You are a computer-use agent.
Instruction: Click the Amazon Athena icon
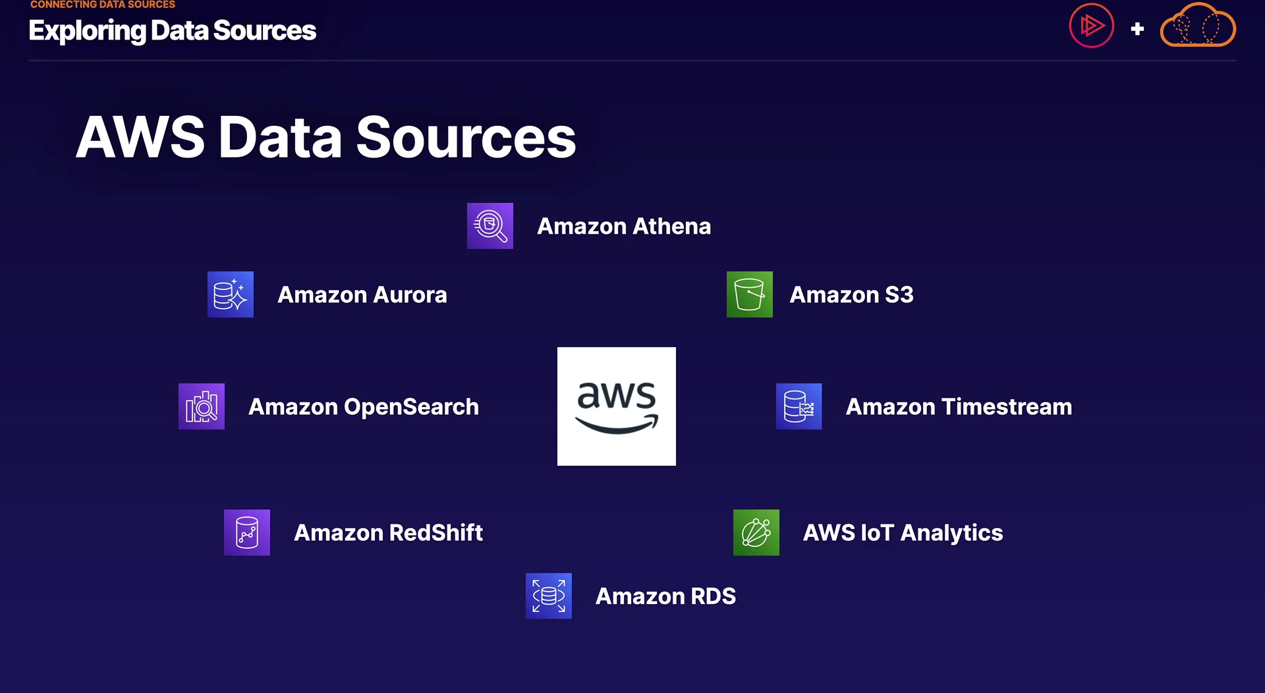coord(490,226)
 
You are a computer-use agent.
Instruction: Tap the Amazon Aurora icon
coord(230,294)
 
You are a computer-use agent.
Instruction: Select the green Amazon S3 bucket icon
coord(749,294)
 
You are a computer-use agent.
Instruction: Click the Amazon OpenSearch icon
coord(201,406)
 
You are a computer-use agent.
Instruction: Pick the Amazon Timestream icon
coord(799,406)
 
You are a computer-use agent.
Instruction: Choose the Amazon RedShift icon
coord(246,532)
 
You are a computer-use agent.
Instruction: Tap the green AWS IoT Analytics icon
coord(756,532)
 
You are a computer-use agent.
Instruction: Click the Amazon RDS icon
coord(548,596)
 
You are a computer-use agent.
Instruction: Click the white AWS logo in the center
coord(616,406)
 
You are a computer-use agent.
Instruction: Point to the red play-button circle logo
coord(1091,26)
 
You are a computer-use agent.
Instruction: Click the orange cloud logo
coord(1197,26)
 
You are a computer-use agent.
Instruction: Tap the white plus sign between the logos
coord(1137,29)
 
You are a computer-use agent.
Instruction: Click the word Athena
coord(671,227)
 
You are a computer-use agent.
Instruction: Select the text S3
coord(899,295)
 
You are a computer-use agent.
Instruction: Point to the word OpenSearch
coord(411,408)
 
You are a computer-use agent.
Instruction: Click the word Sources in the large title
coord(466,138)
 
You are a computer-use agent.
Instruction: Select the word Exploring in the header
coord(87,31)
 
